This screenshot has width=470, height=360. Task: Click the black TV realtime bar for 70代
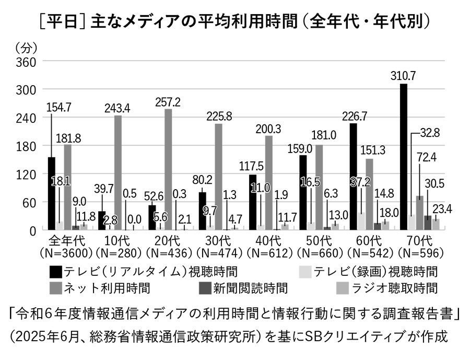point(403,157)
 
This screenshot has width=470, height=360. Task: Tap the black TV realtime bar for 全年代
point(51,193)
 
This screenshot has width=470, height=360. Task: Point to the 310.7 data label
point(403,76)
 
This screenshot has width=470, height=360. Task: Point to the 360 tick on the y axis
point(26,62)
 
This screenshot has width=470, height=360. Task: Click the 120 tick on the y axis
point(26,174)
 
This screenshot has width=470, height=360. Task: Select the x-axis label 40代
point(269,241)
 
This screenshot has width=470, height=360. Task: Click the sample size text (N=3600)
point(65,253)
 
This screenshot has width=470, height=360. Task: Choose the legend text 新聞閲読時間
point(252,288)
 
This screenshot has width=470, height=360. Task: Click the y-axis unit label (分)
point(26,48)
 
